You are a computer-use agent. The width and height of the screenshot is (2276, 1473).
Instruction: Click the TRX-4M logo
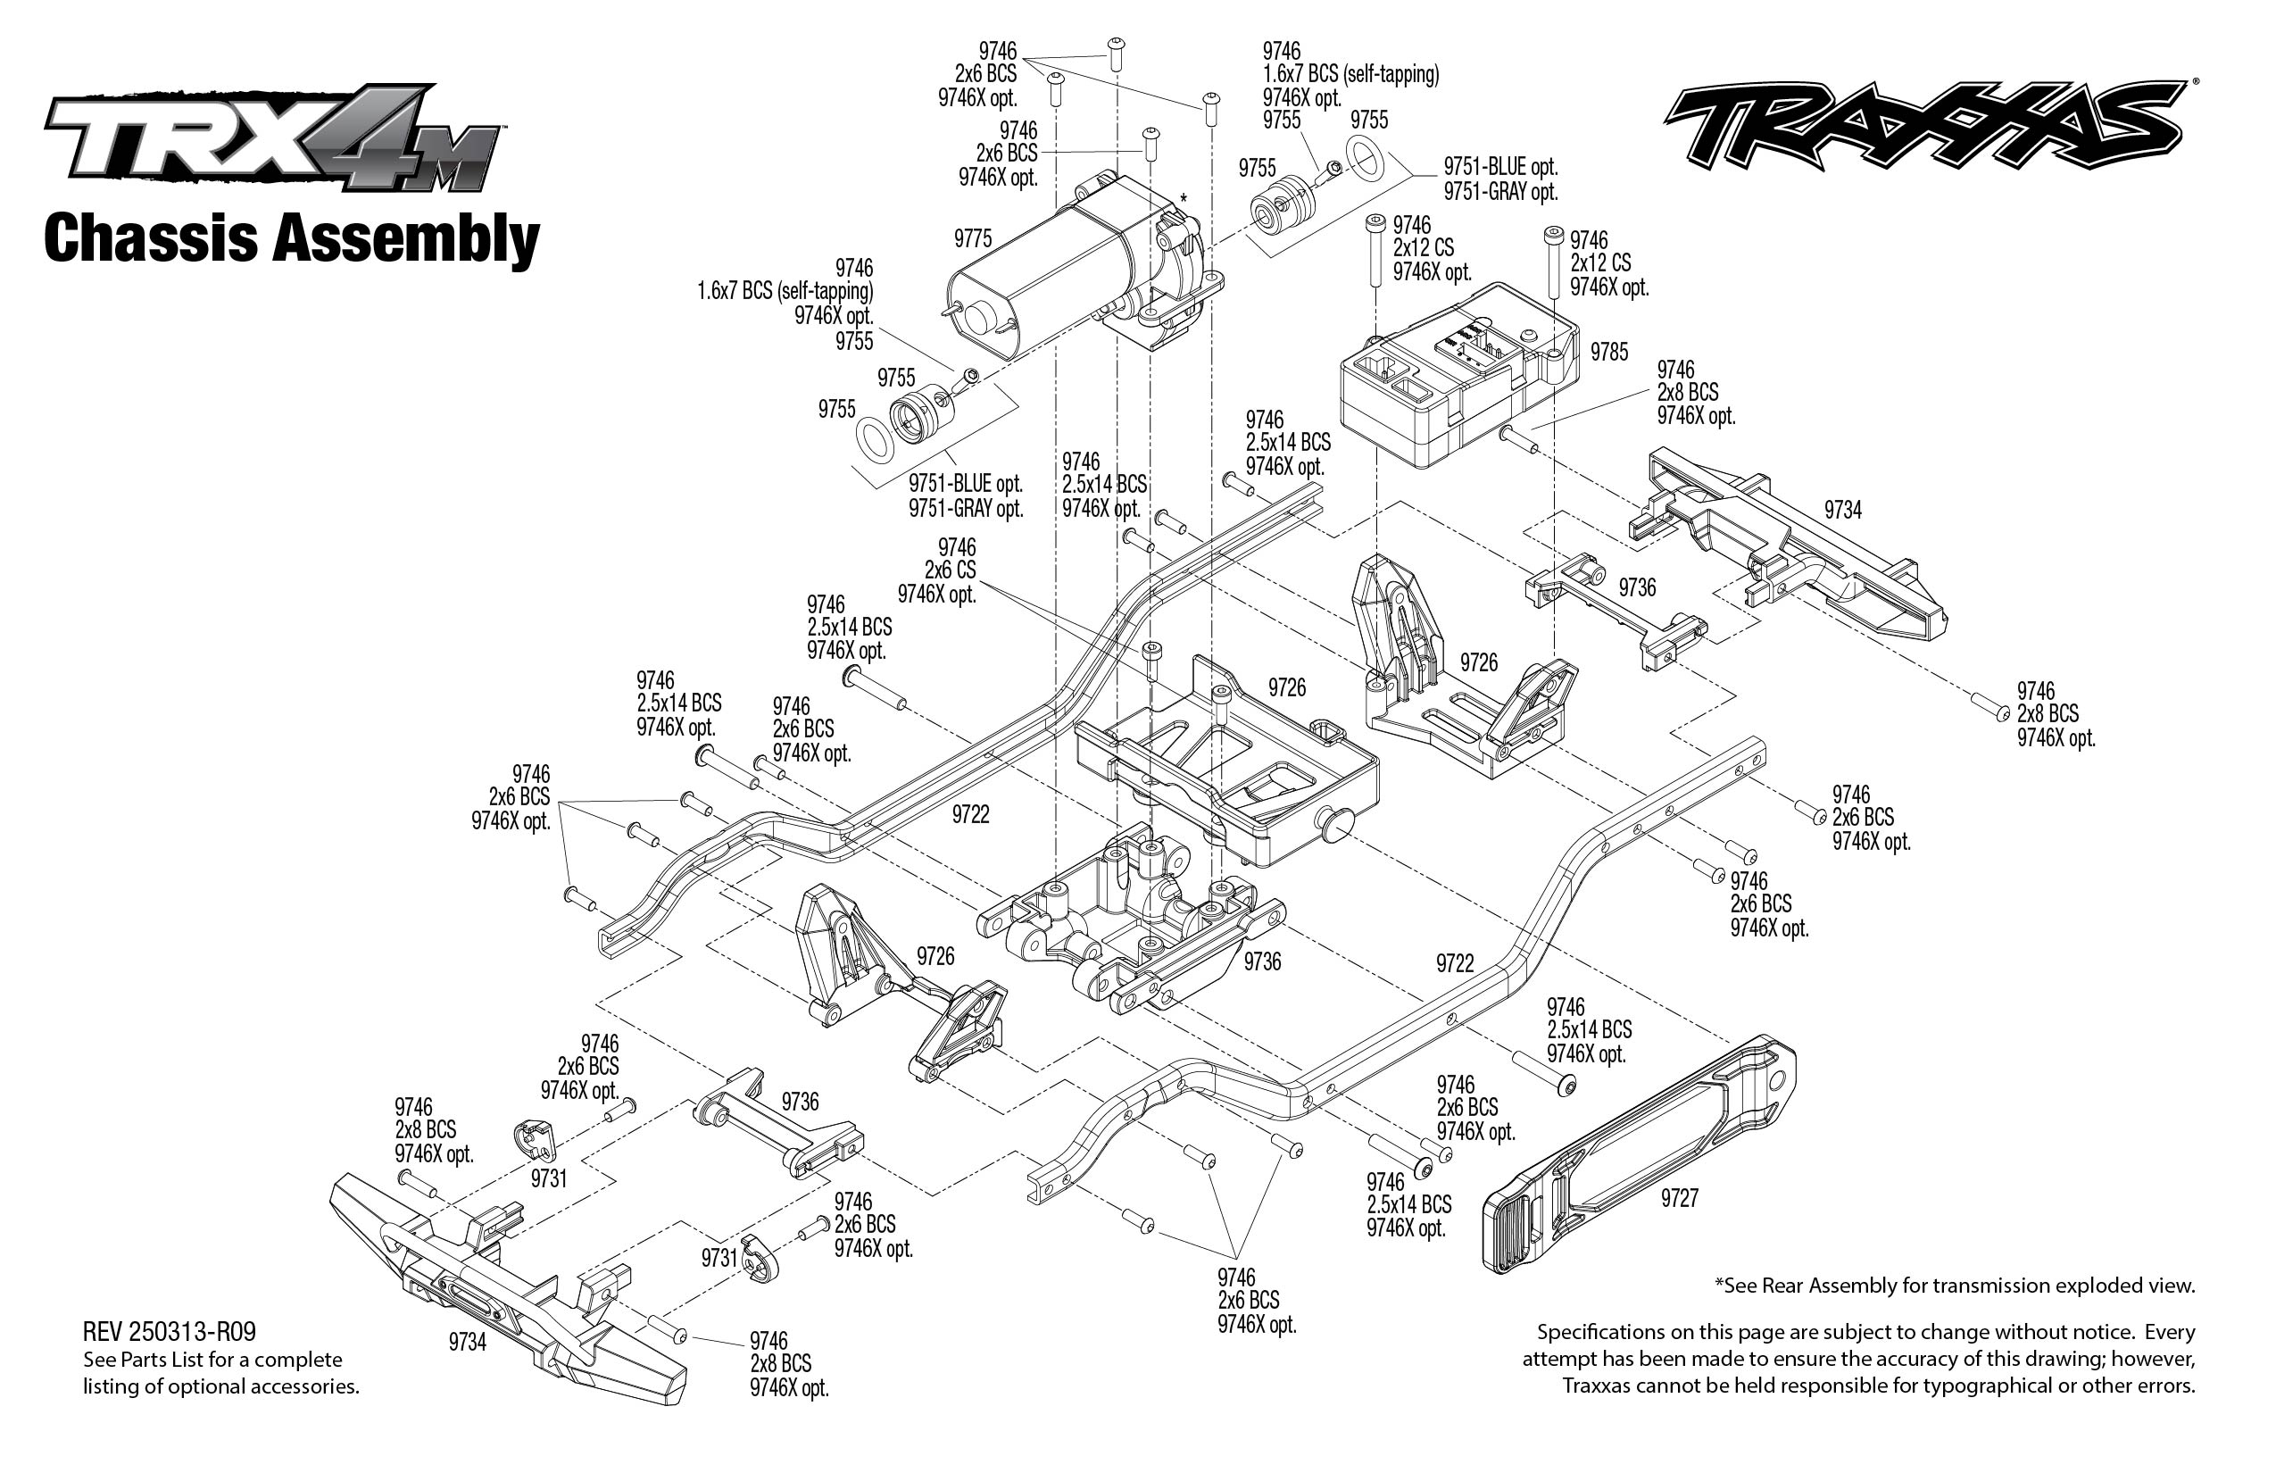point(272,138)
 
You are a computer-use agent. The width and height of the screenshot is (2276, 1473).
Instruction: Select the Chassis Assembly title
point(292,238)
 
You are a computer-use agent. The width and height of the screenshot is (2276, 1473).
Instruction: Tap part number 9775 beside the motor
point(973,238)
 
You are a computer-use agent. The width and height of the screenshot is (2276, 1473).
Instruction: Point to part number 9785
point(1608,352)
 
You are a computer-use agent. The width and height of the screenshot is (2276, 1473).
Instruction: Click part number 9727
point(1679,1197)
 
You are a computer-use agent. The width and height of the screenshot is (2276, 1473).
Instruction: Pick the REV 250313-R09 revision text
point(170,1331)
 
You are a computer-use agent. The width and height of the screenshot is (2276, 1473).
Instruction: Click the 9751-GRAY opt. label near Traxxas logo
point(1500,192)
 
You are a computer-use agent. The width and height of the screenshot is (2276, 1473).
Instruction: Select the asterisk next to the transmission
point(1183,199)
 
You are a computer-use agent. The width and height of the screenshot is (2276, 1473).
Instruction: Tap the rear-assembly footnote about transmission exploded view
point(1955,1286)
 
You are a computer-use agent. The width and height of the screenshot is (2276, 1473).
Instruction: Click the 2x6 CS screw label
point(950,570)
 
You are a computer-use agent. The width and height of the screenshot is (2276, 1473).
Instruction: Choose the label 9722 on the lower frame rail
point(1455,963)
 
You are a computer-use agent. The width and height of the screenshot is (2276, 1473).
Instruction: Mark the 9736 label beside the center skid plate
point(1261,961)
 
